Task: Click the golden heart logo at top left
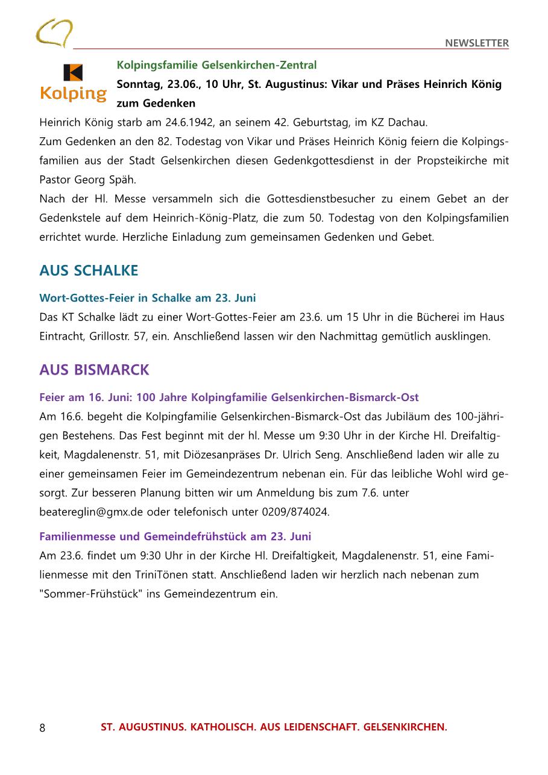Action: (54, 33)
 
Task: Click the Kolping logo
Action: (73, 83)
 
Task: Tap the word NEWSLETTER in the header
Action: (476, 43)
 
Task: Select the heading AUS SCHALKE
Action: (89, 271)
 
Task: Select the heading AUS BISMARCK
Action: (94, 370)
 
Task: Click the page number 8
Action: (42, 727)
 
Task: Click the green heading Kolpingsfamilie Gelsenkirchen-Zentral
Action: (216, 64)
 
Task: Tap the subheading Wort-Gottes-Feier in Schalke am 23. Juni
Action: (148, 297)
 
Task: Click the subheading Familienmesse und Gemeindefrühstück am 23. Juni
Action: (175, 536)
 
